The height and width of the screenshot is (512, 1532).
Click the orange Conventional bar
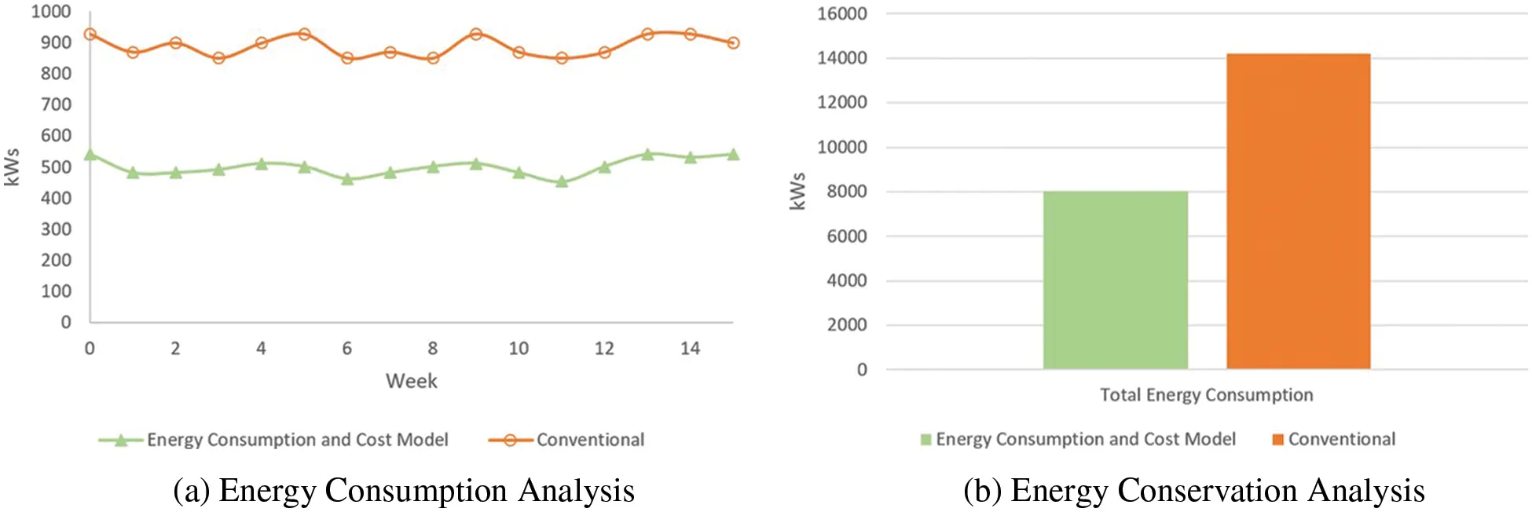[1298, 211]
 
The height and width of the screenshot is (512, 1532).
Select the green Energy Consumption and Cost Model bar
[1115, 280]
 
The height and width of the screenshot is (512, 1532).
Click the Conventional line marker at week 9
[475, 35]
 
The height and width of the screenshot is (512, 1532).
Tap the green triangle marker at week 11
[562, 181]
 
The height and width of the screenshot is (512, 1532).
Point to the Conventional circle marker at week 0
[90, 35]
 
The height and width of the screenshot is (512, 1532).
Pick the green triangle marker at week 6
[347, 179]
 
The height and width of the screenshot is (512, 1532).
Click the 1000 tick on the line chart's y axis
[51, 12]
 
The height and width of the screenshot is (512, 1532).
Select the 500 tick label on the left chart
[56, 167]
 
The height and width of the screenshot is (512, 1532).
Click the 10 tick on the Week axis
[519, 349]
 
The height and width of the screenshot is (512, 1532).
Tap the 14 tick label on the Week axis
[690, 349]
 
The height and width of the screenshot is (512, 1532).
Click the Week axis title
[411, 382]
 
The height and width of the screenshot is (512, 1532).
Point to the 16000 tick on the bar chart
[841, 14]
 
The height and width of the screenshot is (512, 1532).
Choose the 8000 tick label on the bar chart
[846, 192]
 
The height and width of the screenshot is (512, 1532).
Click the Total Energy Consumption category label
[1206, 395]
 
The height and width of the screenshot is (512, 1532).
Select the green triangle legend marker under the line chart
[121, 441]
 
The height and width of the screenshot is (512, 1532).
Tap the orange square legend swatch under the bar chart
[1277, 440]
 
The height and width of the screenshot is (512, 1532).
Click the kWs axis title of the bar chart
[797, 191]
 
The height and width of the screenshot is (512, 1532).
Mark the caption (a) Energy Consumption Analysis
[403, 491]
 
